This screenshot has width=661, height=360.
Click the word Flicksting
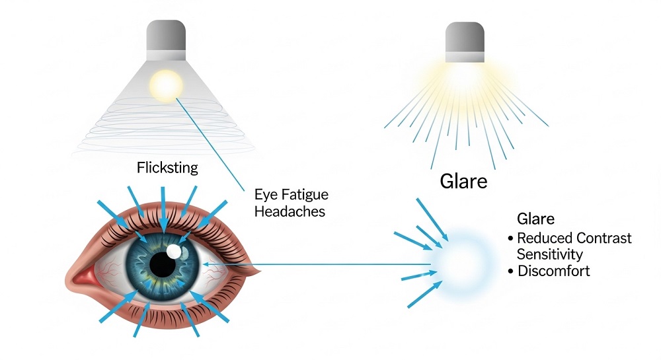(x=167, y=168)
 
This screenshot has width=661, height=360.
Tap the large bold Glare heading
(x=464, y=182)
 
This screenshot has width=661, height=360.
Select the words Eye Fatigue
(x=292, y=194)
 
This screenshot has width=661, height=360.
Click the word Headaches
(x=290, y=211)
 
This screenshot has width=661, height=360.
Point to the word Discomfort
(x=553, y=271)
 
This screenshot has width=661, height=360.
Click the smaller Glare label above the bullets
(x=535, y=219)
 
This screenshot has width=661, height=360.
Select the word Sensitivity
(x=550, y=254)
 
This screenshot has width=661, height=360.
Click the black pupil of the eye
(x=163, y=264)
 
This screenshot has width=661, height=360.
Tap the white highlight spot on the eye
(x=174, y=252)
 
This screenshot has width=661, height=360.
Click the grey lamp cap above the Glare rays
(x=465, y=42)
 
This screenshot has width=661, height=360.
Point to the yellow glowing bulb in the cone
(x=166, y=86)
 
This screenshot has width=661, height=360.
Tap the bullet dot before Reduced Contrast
(x=510, y=238)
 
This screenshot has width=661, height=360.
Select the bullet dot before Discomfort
(x=510, y=271)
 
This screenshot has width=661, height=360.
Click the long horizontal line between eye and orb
(x=317, y=264)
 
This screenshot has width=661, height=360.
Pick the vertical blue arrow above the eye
(x=163, y=209)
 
